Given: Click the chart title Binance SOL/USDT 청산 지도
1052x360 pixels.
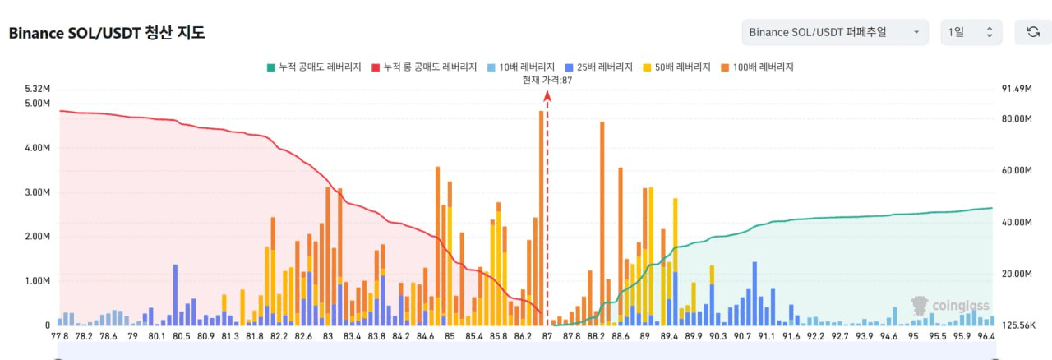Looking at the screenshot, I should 106,34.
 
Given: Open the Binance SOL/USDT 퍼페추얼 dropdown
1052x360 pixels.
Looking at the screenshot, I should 834,32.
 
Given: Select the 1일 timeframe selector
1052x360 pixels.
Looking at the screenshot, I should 971,32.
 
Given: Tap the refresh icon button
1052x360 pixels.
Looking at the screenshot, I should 1033,32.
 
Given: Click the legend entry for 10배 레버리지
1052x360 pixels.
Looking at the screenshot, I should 521,67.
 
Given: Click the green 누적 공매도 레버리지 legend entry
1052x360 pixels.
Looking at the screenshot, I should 314,67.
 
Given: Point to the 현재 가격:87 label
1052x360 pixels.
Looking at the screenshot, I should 547,80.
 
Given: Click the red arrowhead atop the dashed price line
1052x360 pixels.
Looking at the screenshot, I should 547,95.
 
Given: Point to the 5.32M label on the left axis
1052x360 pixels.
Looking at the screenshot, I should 39,89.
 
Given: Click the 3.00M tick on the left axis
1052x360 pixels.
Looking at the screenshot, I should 39,192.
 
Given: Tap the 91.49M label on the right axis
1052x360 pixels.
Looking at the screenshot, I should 1016,89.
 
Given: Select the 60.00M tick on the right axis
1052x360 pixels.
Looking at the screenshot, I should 1016,170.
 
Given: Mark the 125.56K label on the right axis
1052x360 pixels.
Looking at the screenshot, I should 1016,325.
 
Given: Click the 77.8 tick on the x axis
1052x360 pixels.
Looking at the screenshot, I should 59,336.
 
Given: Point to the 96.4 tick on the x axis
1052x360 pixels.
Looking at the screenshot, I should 985,336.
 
